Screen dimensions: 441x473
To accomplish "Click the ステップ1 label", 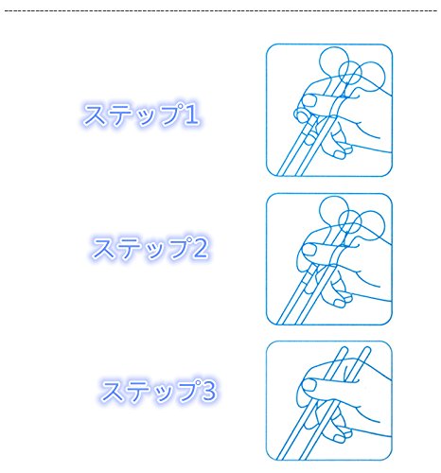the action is point(141,114).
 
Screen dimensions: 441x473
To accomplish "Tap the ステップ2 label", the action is point(150,248).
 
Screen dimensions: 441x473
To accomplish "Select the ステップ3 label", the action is point(159,391).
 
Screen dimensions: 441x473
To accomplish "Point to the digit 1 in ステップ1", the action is point(192,114).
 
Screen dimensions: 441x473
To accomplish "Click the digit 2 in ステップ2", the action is point(201,248).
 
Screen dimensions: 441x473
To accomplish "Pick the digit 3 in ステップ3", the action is point(209,390).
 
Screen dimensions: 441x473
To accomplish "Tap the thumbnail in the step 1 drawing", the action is point(309,100).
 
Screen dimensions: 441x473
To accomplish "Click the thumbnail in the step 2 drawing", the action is point(309,250).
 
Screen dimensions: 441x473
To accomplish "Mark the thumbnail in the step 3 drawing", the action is point(309,385).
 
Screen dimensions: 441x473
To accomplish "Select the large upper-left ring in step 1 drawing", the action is point(320,61).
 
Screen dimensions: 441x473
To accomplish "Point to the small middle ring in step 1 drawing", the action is point(339,73).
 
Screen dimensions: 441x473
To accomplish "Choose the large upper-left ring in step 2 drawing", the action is point(320,210).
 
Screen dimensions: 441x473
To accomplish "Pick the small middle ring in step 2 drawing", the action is point(339,222).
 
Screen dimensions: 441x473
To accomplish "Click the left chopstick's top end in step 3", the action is point(344,349).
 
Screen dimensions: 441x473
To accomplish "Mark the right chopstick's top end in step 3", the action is point(367,349).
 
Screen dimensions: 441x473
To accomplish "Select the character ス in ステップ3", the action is point(111,391).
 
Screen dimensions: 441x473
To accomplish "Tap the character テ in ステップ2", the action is point(125,249).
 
